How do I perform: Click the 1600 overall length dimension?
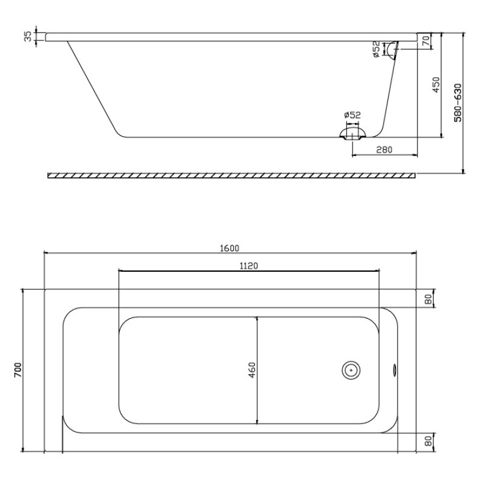tap(230, 248)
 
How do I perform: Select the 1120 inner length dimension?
tap(249, 266)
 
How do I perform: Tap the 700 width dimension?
tap(18, 370)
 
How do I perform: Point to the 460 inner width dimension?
tap(252, 370)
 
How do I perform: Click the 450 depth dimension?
tap(436, 84)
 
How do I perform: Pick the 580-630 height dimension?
tap(458, 102)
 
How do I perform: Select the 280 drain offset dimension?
tap(384, 149)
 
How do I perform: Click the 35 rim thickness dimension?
tap(28, 37)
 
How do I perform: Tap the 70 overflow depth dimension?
tap(426, 40)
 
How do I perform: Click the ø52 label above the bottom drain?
tap(352, 115)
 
